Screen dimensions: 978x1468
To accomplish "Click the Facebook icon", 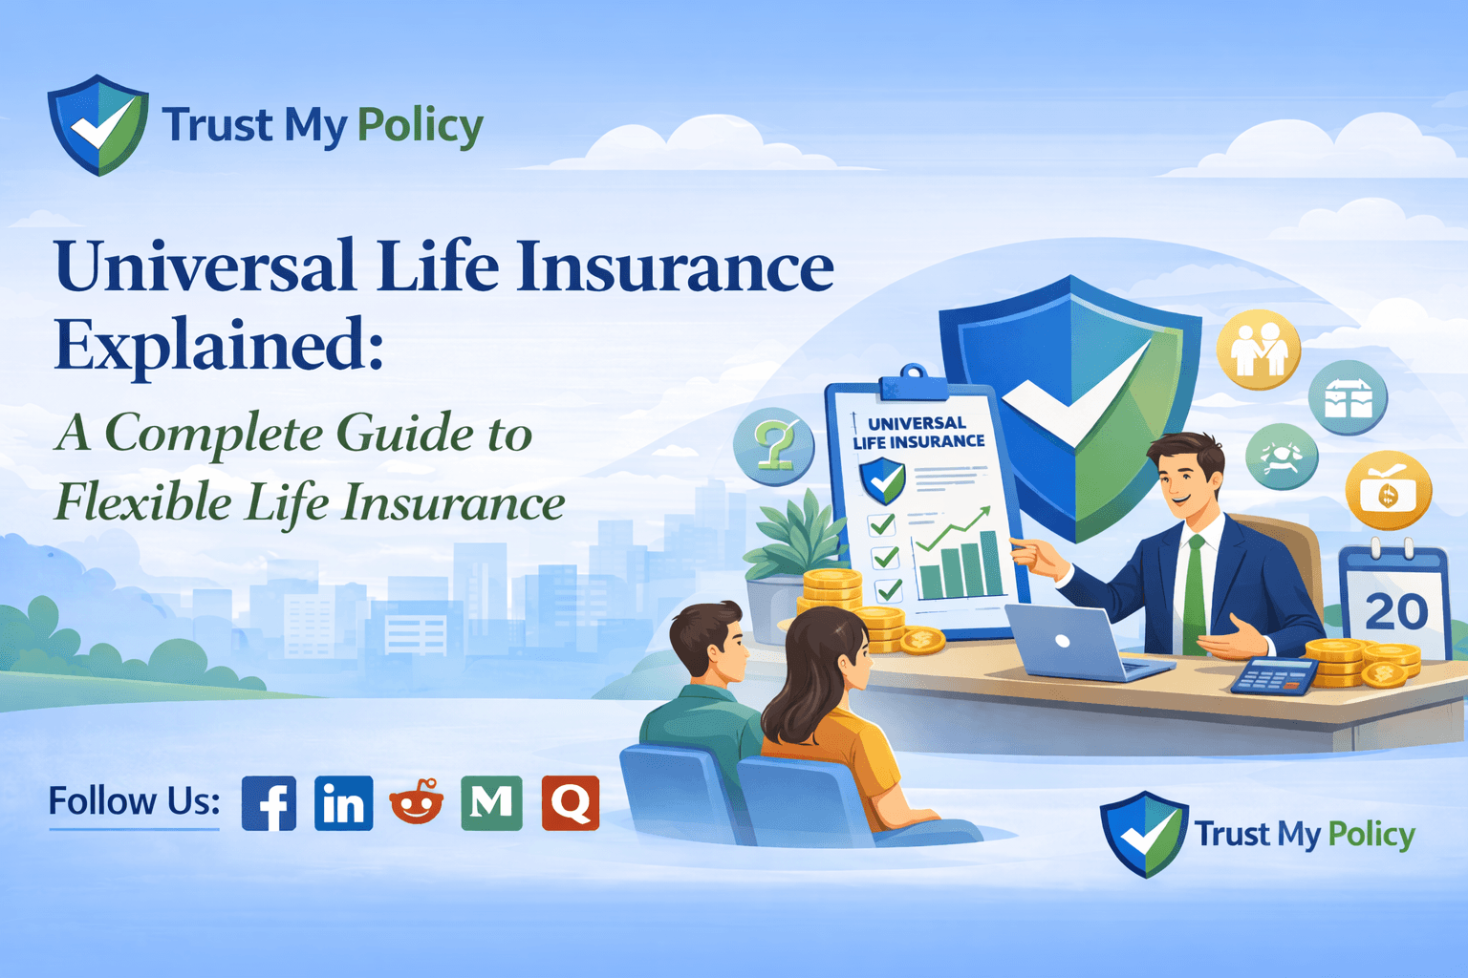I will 269,802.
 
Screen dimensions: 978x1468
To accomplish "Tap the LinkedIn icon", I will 343,802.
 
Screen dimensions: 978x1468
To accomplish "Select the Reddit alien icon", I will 417,802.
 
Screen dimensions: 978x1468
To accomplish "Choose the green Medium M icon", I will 491,802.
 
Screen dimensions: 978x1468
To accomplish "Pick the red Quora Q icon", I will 571,802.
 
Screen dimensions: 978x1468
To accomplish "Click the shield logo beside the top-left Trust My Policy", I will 97,125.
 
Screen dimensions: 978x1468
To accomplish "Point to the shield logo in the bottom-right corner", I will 1144,834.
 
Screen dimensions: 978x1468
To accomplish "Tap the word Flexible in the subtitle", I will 142,502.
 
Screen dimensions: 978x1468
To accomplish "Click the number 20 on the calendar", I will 1396,611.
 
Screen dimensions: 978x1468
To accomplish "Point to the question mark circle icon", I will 773,444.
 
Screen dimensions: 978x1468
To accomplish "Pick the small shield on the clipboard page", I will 882,479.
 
